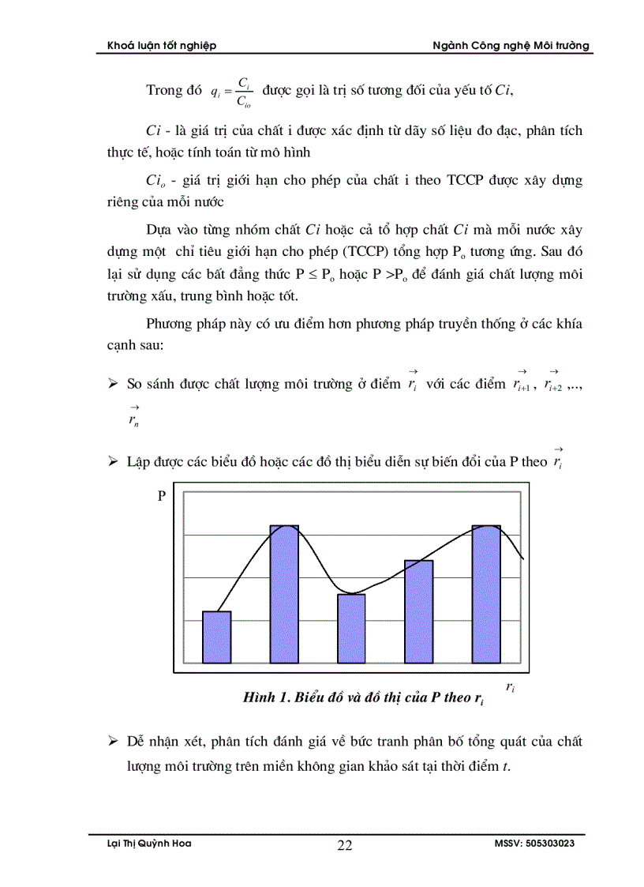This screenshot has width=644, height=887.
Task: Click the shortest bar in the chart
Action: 216,637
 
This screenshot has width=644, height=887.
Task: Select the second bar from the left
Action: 284,593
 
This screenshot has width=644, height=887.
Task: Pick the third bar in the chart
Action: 351,628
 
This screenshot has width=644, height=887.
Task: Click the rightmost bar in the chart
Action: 486,593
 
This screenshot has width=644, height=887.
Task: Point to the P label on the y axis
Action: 161,496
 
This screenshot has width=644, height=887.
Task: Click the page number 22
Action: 345,846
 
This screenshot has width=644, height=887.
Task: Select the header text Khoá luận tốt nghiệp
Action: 162,46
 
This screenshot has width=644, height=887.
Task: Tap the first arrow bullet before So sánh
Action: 113,385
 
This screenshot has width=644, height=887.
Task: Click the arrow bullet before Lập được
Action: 113,460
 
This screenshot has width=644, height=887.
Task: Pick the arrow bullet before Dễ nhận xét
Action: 113,742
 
